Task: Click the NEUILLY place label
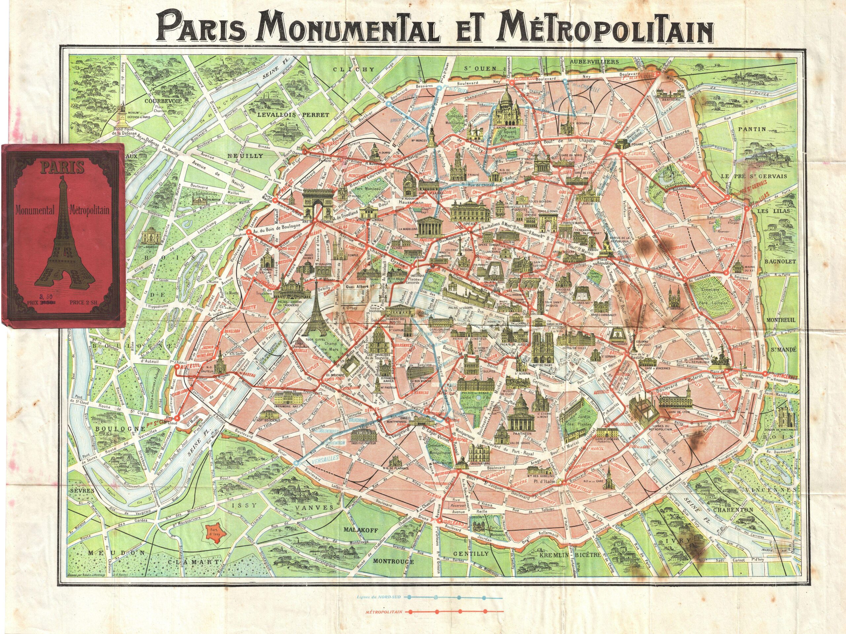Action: coord(251,156)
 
